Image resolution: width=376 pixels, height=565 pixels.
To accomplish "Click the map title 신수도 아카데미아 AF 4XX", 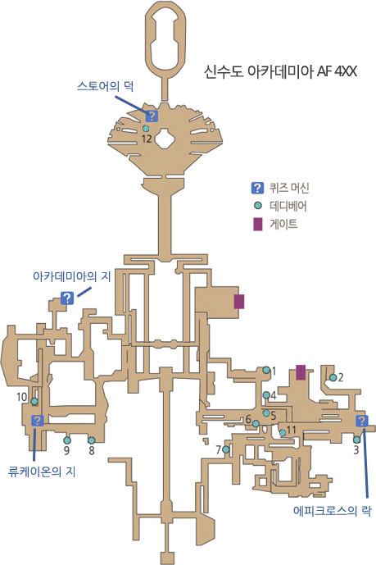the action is pos(280,71).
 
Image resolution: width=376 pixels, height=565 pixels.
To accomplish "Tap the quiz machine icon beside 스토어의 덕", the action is pos(152,116).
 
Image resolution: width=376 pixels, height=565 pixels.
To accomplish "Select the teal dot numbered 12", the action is pos(146,128).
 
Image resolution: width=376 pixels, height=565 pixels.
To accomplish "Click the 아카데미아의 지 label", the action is pos(71,276).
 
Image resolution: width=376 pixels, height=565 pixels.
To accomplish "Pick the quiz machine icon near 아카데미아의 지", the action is pos(67,298).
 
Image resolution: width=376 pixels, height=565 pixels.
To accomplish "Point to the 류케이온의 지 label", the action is pos(42,472).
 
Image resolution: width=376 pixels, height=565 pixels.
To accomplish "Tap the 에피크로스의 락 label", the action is pos(332,511).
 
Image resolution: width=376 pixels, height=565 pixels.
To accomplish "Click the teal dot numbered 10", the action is pos(34,402).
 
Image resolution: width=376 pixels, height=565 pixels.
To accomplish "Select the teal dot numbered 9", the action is pos(67,440).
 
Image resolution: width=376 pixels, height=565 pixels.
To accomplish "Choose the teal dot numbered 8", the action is pos(92,440).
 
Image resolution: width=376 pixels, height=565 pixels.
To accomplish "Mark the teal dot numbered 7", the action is pos(226,449).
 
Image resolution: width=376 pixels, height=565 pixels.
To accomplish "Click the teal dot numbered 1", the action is pos(266,370).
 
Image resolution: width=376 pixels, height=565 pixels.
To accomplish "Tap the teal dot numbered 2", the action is pos(333,378).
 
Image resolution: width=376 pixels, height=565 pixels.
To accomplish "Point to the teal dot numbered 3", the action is pos(356,440).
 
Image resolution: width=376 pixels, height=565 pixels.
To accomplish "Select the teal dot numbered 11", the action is pos(283,432).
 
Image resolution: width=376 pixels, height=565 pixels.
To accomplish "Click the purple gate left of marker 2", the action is pos(301,372).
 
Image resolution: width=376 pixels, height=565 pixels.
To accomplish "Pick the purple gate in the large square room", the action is pos(239,302).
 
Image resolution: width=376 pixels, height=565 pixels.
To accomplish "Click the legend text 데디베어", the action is pos(288,206).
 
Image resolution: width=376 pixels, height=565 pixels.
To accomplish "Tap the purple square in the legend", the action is pos(257,224).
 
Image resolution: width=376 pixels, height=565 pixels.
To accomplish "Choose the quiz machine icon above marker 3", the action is pos(362,421).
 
